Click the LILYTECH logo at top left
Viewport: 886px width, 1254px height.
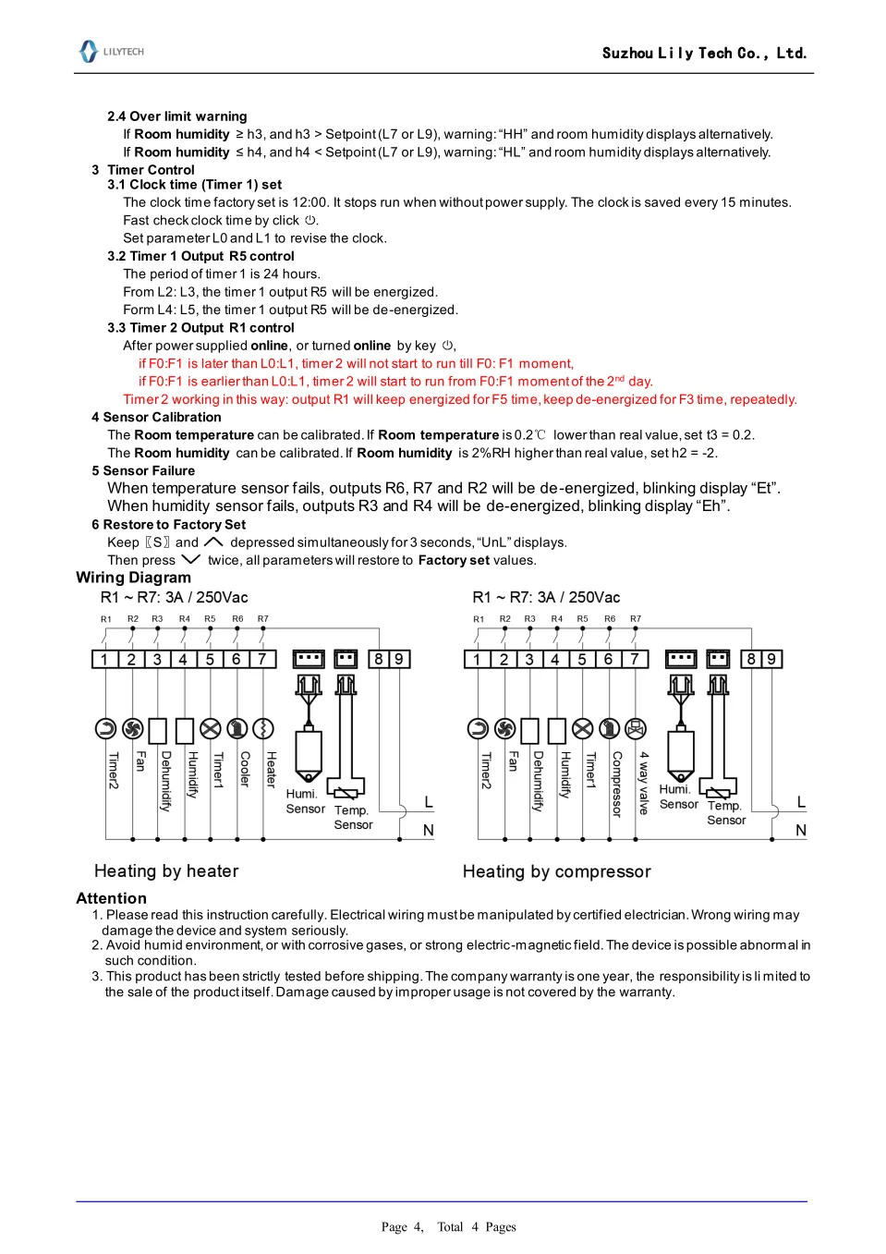click(x=111, y=52)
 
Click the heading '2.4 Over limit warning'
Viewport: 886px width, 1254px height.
click(x=176, y=116)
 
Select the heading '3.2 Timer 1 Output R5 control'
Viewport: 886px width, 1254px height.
click(x=200, y=256)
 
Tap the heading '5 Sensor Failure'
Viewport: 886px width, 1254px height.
click(x=143, y=470)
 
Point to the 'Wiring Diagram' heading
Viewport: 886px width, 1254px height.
click(x=133, y=578)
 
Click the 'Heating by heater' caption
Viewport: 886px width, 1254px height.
click(x=166, y=870)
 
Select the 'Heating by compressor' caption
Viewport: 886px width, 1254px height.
click(x=556, y=871)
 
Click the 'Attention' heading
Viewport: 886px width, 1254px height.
click(x=111, y=898)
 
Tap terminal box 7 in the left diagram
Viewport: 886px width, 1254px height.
click(x=262, y=659)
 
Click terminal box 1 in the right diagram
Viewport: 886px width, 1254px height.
click(x=477, y=659)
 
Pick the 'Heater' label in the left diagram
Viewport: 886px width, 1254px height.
click(x=271, y=769)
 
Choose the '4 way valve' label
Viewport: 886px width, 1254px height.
click(x=643, y=782)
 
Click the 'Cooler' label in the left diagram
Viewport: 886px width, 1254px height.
click(x=245, y=769)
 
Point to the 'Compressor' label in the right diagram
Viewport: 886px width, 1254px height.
click(x=616, y=784)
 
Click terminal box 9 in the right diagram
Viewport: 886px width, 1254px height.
click(x=771, y=659)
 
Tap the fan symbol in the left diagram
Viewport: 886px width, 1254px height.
click(x=132, y=729)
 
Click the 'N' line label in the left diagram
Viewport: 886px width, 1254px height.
click(x=429, y=830)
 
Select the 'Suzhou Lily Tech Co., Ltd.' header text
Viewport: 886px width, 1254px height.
click(x=704, y=53)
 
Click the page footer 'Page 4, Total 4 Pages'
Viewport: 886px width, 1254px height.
click(x=448, y=1226)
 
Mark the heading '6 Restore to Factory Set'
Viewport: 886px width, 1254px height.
click(x=168, y=524)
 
